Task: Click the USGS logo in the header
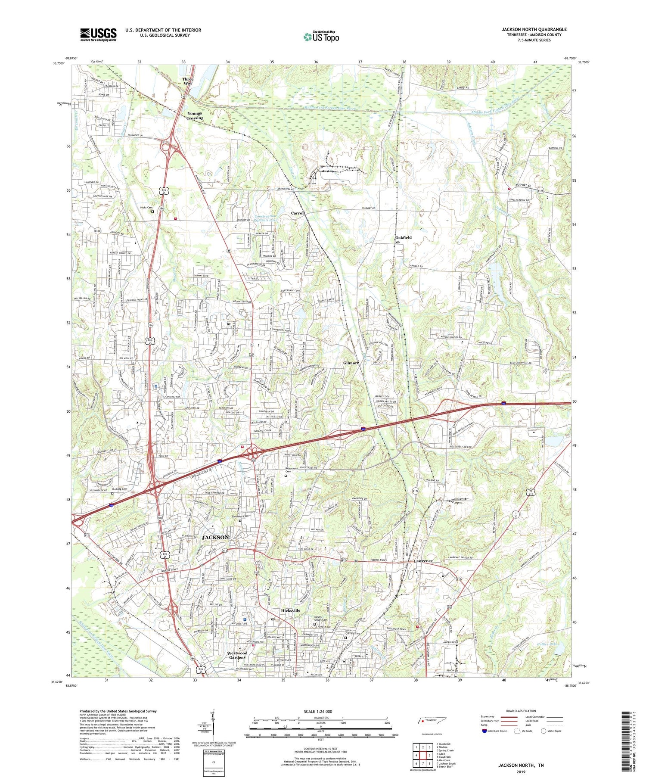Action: click(x=98, y=34)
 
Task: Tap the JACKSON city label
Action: click(x=215, y=537)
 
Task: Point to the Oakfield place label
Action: click(x=404, y=238)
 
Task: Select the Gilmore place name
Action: click(x=351, y=363)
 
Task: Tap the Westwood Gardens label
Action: click(x=237, y=655)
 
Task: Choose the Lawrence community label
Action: click(x=423, y=561)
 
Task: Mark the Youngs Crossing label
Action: click(x=195, y=115)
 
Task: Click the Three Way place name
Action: click(x=188, y=81)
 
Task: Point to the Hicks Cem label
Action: click(x=146, y=208)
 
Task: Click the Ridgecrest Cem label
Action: click(x=292, y=470)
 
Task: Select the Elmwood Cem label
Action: click(x=240, y=516)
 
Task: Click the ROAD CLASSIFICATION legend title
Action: click(x=521, y=711)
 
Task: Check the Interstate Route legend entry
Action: click(x=495, y=731)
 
